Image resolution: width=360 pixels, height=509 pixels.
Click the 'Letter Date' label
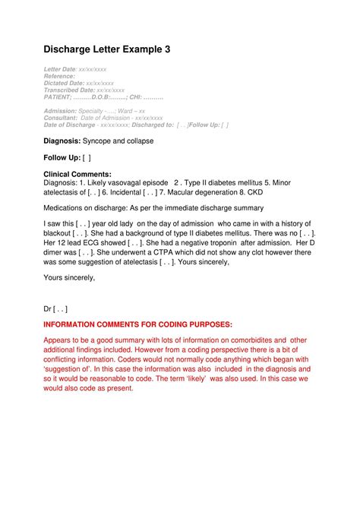[x=60, y=69]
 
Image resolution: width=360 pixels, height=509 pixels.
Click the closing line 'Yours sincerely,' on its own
[x=69, y=277]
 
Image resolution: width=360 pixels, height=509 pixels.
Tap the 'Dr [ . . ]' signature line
[x=55, y=309]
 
